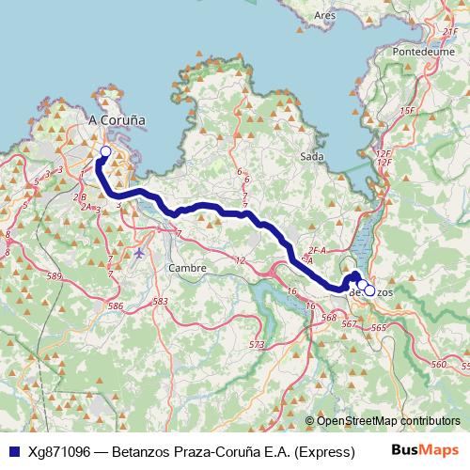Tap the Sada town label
click(x=312, y=156)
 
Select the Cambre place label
click(x=186, y=268)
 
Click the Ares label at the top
click(x=325, y=15)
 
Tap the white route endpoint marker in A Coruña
click(x=105, y=151)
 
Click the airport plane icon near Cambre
click(x=140, y=253)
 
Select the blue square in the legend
click(x=13, y=450)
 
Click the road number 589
click(x=55, y=275)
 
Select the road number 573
click(x=256, y=346)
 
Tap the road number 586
click(x=116, y=306)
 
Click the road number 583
click(x=160, y=302)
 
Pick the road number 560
click(x=437, y=364)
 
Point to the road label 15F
click(x=407, y=111)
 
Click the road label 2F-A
click(x=316, y=251)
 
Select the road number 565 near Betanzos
click(x=378, y=327)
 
